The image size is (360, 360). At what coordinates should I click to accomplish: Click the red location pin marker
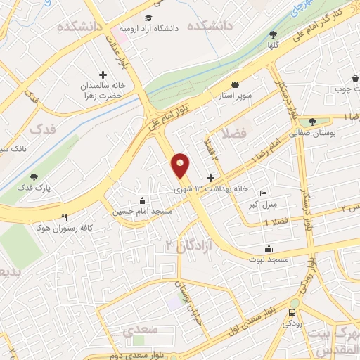pos(181,165)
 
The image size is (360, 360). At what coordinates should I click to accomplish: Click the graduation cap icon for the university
pos(148,18)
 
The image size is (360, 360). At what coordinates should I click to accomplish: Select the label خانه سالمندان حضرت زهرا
pos(98,90)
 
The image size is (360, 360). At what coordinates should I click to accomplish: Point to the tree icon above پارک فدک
pos(34,177)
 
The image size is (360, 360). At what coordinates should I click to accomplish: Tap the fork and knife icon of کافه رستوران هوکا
pos(65,217)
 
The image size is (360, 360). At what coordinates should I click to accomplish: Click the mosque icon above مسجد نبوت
pos(269,247)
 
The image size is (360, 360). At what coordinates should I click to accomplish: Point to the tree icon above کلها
pos(273,34)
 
